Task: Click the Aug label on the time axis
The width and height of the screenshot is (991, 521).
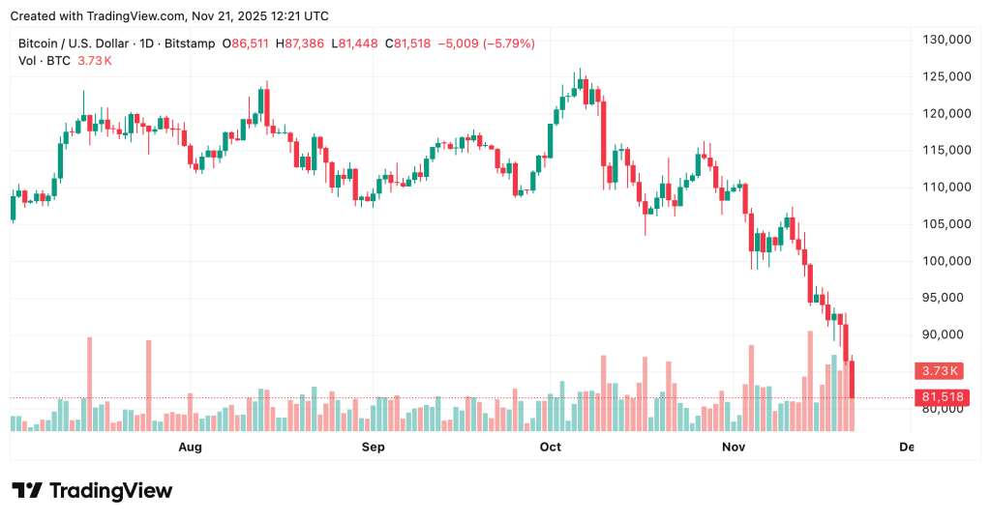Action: [191, 447]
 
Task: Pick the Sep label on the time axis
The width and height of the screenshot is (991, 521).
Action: [373, 447]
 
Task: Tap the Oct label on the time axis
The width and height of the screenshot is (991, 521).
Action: [551, 447]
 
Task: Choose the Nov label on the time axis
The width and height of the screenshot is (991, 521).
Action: [734, 447]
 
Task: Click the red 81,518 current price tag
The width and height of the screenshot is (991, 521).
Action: [940, 397]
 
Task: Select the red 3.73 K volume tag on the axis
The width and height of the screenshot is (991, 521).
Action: [940, 370]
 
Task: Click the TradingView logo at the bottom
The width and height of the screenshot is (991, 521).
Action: [93, 491]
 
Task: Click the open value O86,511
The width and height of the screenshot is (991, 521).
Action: [247, 43]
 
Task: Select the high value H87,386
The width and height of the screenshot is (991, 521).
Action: [301, 43]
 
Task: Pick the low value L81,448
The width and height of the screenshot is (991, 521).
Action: [354, 43]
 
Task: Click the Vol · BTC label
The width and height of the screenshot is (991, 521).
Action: [45, 61]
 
